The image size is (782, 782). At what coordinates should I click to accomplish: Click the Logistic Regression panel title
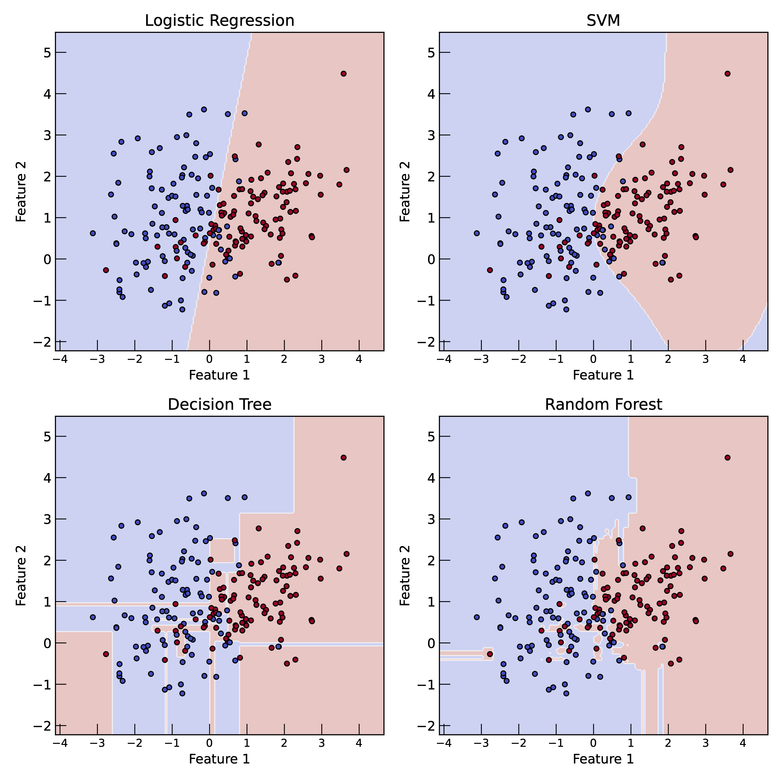tap(219, 21)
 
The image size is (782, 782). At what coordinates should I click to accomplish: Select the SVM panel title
tap(603, 21)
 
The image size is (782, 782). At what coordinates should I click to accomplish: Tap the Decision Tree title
tap(219, 404)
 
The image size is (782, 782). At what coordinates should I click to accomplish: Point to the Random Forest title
tap(603, 404)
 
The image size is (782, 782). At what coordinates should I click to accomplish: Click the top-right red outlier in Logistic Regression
tap(344, 74)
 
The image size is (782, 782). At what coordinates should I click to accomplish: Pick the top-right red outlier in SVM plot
tap(727, 74)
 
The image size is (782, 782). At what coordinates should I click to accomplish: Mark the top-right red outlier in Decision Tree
tap(344, 457)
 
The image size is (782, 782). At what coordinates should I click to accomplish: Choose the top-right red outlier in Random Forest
tap(727, 457)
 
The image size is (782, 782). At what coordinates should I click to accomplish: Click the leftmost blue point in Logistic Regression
tap(93, 233)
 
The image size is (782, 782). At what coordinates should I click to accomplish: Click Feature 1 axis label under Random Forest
tap(603, 759)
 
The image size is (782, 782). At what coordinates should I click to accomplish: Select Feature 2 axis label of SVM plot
tap(405, 191)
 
